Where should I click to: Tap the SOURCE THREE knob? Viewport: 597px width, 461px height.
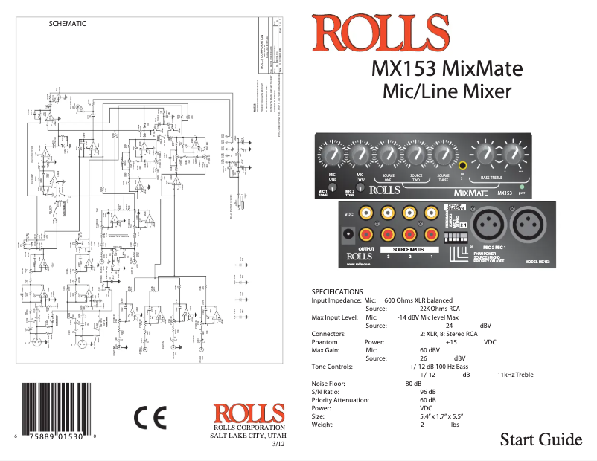coord(444,155)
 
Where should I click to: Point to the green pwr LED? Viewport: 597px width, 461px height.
coord(522,187)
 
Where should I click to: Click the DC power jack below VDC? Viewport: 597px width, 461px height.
coord(346,236)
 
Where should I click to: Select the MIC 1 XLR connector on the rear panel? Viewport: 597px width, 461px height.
coord(514,223)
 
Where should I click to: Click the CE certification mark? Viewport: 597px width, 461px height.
coord(150,418)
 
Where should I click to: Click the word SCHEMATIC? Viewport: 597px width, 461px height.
coord(67,23)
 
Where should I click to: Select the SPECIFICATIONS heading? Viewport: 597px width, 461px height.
coord(337,291)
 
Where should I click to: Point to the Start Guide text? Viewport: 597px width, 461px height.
coord(540,439)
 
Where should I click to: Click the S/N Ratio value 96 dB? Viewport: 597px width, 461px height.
coord(428,391)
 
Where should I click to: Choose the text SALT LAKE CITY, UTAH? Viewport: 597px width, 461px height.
coord(249,436)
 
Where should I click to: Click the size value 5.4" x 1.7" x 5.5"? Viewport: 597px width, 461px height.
coord(442,416)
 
